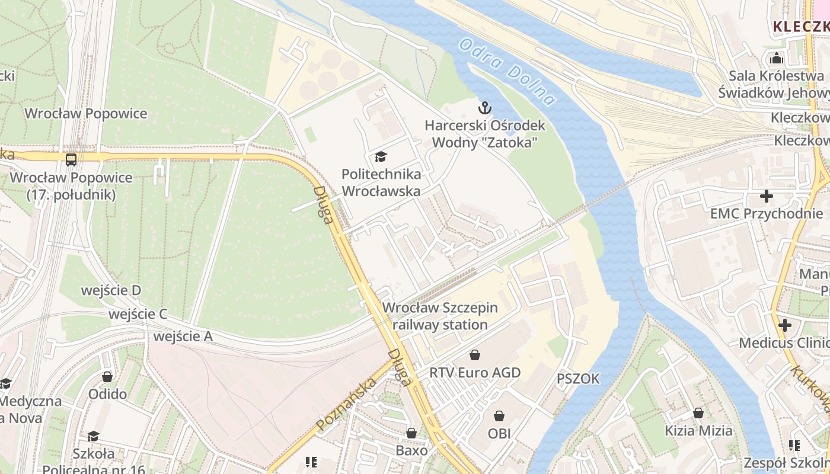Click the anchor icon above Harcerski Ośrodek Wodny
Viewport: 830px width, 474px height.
485,108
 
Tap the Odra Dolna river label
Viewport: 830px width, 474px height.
507,72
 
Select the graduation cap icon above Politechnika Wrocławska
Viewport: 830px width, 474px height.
381,157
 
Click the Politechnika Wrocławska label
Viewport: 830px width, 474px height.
381,182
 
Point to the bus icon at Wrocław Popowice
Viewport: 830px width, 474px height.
71,159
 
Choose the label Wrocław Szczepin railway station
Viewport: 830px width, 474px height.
440,316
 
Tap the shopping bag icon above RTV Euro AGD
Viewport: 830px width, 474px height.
474,355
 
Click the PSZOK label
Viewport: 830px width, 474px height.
578,379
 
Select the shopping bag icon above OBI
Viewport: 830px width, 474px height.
499,416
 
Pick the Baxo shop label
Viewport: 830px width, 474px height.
411,450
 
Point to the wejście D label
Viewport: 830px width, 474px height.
111,290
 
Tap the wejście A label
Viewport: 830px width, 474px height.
183,337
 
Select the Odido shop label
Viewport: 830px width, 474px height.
107,394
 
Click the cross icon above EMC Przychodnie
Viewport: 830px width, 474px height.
767,196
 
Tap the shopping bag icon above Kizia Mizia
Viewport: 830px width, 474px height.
698,413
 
